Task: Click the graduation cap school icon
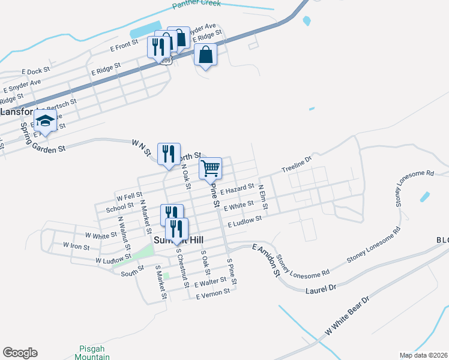click(x=46, y=121)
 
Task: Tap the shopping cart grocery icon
click(x=211, y=169)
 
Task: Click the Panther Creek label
click(x=196, y=4)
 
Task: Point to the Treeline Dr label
click(x=297, y=166)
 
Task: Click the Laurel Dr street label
click(x=320, y=289)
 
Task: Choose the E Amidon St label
click(x=267, y=260)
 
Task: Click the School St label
click(x=115, y=208)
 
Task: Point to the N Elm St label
click(x=262, y=196)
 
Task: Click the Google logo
click(x=20, y=353)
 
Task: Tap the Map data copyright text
click(x=423, y=355)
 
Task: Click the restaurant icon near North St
click(x=169, y=154)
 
